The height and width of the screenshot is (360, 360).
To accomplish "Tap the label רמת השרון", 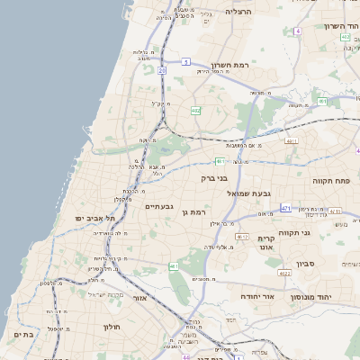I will tap(229, 65).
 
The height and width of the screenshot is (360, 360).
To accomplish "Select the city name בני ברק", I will tap(215, 178).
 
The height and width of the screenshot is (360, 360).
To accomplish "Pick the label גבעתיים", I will tap(158, 206).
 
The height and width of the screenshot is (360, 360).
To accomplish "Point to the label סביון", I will tap(328, 266).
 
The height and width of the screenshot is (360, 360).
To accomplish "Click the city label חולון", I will tap(112, 326).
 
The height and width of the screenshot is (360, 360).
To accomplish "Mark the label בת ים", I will tap(23, 334).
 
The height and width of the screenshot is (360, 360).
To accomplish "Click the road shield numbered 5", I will tap(185, 61).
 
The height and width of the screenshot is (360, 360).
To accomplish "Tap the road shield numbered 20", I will tap(162, 68).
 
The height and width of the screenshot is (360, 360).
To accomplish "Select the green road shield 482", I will tap(195, 110).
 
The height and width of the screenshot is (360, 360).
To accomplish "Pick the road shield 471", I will tap(285, 208).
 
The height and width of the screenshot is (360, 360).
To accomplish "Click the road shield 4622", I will tap(284, 272).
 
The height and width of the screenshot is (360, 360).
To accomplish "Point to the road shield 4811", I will tap(290, 141).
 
